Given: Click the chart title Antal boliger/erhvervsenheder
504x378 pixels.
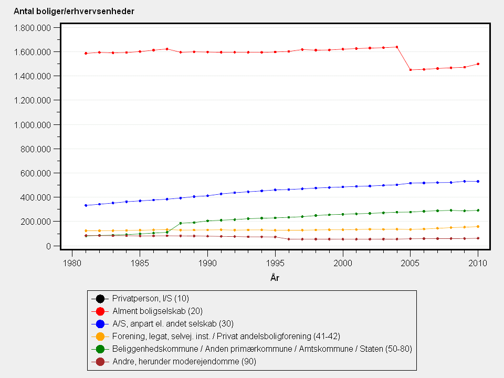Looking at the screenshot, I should [x=74, y=11].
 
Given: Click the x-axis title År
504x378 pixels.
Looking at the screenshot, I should [x=275, y=278].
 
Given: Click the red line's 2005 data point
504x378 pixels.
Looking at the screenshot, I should [x=410, y=70].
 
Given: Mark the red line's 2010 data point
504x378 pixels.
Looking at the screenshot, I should [x=478, y=64].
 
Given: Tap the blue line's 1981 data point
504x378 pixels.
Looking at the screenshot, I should [x=86, y=205].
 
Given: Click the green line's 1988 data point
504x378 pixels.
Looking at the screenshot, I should [x=180, y=223].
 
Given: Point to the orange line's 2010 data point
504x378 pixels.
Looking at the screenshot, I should [x=478, y=227].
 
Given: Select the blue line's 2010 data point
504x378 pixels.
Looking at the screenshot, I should [x=478, y=182].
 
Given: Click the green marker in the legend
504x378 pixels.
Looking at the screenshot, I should [x=100, y=349].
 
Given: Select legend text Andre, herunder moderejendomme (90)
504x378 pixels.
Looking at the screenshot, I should [x=184, y=362].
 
